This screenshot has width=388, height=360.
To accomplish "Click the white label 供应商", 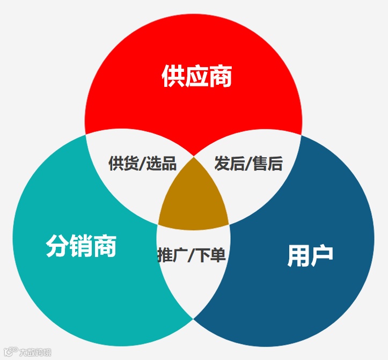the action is point(196,77).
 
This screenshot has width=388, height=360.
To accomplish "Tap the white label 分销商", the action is point(81,246).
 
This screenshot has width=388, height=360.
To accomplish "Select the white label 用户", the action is point(310,255).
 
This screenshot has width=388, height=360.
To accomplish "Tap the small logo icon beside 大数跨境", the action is point(11,352).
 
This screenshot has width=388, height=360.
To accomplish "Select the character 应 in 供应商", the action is point(196,77).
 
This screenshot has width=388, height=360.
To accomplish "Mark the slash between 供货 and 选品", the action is point(142,163).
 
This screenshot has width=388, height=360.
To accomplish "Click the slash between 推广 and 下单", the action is point(192,255).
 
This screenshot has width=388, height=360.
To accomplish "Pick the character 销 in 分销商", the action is point(81,246).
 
